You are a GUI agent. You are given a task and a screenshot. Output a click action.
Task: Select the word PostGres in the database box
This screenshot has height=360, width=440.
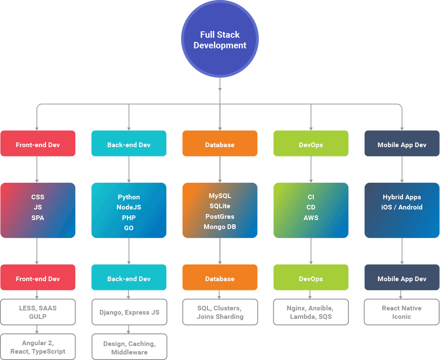click(220, 216)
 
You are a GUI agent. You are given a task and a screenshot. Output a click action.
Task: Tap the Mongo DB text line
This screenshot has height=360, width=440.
click(220, 227)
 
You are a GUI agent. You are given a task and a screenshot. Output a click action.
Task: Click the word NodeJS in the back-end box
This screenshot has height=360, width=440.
click(129, 207)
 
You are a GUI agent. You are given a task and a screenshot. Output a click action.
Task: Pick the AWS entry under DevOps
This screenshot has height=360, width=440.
click(311, 218)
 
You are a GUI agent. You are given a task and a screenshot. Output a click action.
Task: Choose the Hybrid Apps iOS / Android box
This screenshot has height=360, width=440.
click(402, 210)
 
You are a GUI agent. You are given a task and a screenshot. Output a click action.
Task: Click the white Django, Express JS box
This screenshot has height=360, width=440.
click(129, 312)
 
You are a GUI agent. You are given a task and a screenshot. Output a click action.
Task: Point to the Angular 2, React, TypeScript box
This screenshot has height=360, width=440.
click(38, 347)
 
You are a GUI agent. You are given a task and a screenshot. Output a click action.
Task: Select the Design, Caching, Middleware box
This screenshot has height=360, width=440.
click(129, 347)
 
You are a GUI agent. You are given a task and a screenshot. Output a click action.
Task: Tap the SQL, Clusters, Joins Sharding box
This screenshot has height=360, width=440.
click(220, 312)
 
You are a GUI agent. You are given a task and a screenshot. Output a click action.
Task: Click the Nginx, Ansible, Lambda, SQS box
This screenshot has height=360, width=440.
click(311, 312)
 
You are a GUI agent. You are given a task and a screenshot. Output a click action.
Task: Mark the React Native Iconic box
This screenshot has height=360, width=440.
click(401, 312)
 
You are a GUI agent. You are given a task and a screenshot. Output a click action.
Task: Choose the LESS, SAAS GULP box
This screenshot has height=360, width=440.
click(38, 312)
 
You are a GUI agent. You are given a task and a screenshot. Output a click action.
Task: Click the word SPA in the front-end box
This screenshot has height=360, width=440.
click(38, 218)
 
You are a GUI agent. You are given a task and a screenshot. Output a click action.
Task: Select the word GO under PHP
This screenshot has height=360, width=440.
click(129, 228)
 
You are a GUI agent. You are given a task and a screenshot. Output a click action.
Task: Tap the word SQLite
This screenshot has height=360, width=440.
click(220, 206)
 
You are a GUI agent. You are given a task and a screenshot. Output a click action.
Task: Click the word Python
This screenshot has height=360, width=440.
click(129, 197)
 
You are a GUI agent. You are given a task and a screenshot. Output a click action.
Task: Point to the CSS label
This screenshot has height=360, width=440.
click(38, 197)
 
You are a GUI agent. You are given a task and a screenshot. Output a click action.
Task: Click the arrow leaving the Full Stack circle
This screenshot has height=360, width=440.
click(220, 85)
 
